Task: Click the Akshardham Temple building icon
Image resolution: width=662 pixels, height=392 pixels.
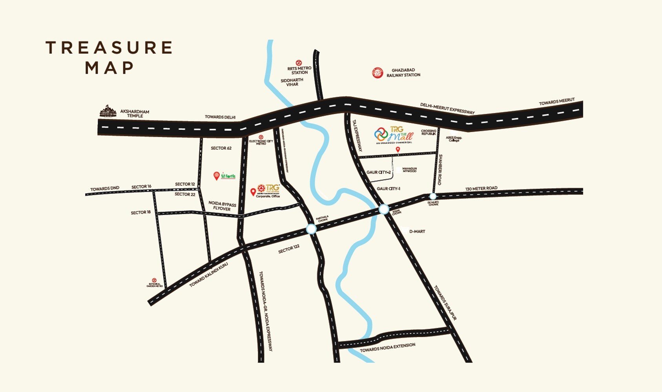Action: (x=108, y=111)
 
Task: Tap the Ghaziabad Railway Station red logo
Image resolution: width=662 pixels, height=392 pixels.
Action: (x=378, y=73)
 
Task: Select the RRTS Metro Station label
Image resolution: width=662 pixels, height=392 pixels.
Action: (x=299, y=70)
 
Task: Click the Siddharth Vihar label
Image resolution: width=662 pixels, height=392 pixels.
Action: (x=292, y=82)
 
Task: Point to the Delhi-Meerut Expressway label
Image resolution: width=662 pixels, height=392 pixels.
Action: (x=447, y=109)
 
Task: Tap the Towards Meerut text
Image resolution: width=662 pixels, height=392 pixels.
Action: (x=556, y=102)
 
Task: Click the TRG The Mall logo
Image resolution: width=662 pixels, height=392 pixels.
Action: (x=394, y=134)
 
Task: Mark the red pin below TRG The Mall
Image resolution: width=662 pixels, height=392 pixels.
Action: (x=398, y=150)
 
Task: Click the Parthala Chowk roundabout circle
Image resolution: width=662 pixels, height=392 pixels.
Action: (x=311, y=229)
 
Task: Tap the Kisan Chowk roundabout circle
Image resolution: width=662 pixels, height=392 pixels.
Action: (x=384, y=209)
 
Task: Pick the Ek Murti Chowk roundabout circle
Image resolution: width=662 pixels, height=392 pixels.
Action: (x=433, y=196)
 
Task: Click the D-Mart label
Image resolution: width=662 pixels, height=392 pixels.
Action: (x=417, y=232)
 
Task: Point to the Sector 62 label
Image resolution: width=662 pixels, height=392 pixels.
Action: (x=221, y=148)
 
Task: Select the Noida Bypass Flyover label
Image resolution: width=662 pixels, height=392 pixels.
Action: (x=222, y=206)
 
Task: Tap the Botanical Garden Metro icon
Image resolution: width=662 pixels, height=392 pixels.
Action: (x=154, y=280)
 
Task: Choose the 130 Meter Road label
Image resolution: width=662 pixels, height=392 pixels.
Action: (x=481, y=189)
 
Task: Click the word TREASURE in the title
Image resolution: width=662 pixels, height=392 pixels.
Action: (x=109, y=47)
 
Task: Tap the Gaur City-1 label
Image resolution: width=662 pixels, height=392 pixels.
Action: (x=388, y=189)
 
